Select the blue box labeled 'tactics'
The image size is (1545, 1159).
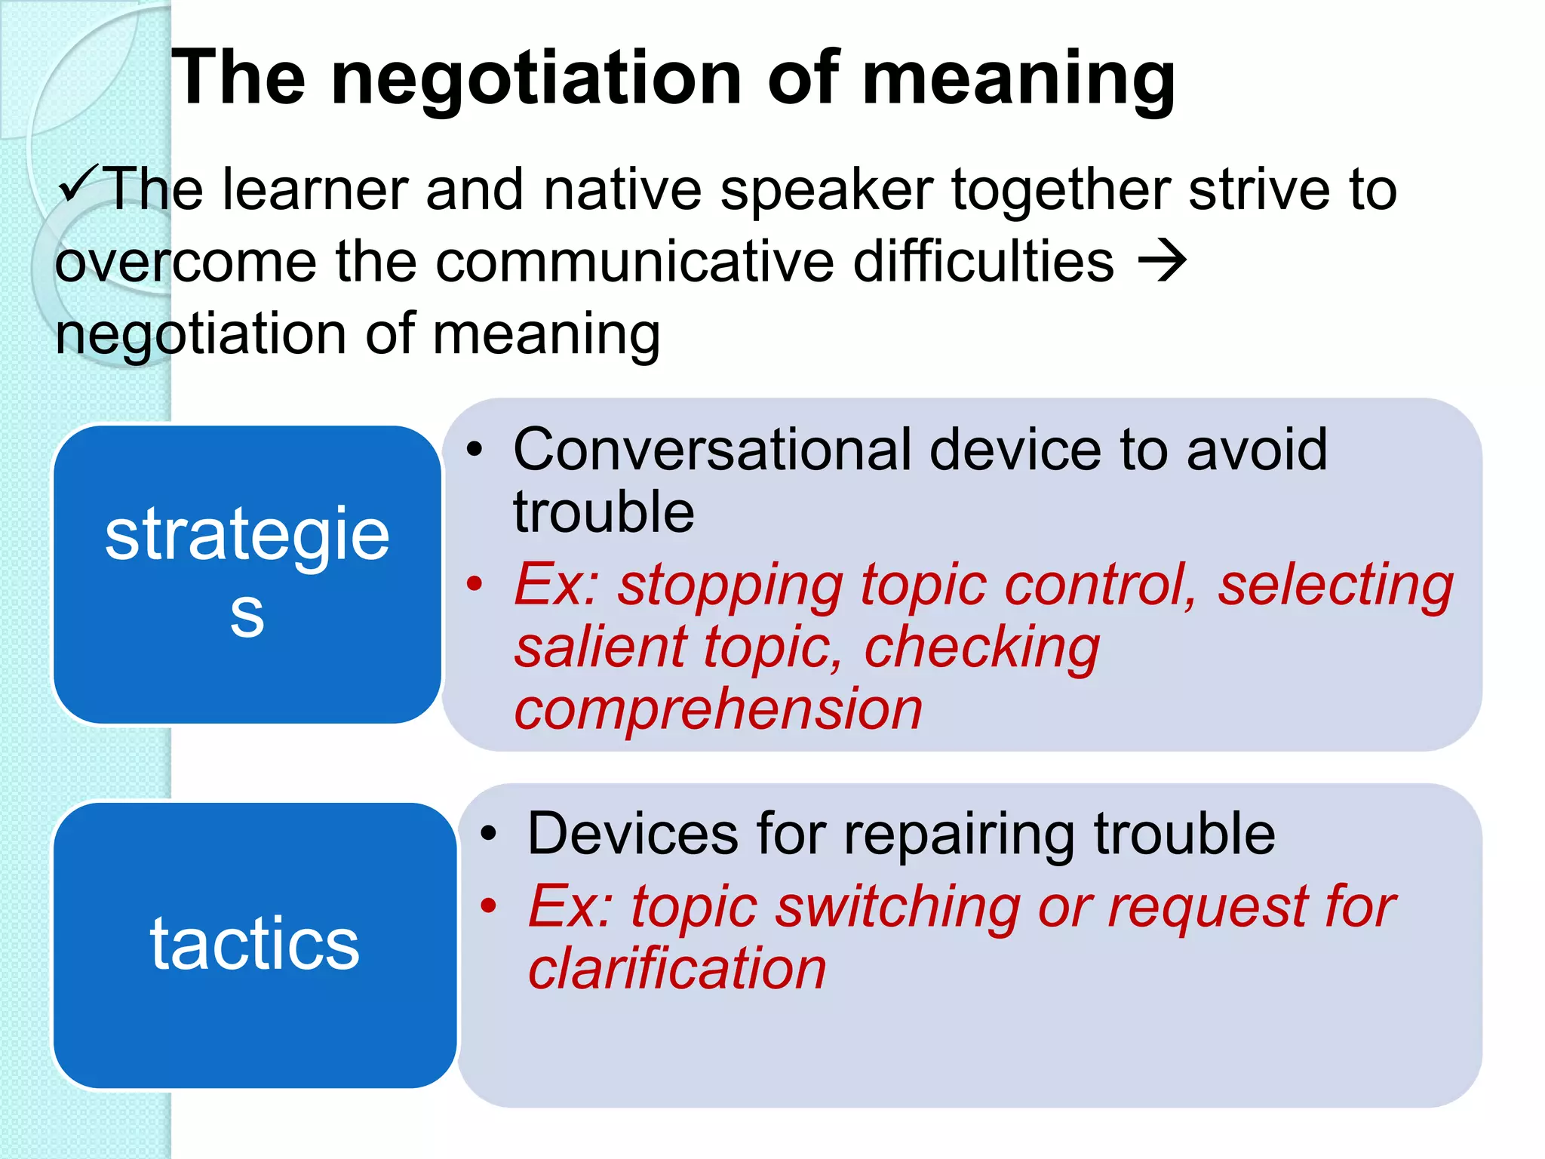pyautogui.click(x=255, y=945)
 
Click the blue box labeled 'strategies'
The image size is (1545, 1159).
pyautogui.click(x=247, y=574)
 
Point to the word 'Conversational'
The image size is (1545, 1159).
pyautogui.click(x=711, y=450)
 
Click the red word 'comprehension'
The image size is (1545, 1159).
pyautogui.click(x=718, y=709)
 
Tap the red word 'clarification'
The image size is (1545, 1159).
pyautogui.click(x=677, y=968)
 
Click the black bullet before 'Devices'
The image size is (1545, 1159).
pyautogui.click(x=489, y=834)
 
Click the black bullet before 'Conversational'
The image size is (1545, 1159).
pyautogui.click(x=474, y=450)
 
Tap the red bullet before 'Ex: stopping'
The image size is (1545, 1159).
pyautogui.click(x=474, y=583)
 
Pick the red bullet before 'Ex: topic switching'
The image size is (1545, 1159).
pyautogui.click(x=489, y=905)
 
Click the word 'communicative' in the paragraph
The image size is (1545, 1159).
pyautogui.click(x=635, y=262)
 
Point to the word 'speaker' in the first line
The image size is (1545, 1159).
pyautogui.click(x=827, y=189)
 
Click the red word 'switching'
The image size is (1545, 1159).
pyautogui.click(x=898, y=906)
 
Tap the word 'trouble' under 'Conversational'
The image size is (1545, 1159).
pyautogui.click(x=604, y=512)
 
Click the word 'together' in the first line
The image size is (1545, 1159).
pyautogui.click(x=1061, y=189)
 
